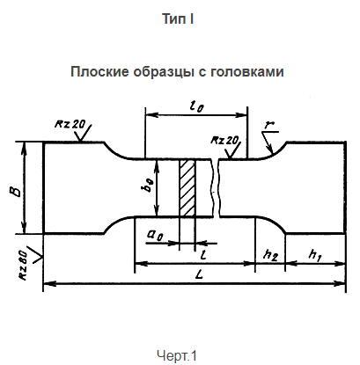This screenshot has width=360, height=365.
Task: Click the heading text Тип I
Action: [180, 18]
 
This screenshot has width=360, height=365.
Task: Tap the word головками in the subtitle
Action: [250, 72]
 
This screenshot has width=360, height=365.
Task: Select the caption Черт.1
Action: [180, 354]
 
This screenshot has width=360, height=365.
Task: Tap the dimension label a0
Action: [155, 236]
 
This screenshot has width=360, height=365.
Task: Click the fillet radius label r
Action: [266, 124]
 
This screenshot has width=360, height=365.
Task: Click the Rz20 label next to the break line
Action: [225, 141]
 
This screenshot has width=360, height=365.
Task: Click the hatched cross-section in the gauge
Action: [187, 187]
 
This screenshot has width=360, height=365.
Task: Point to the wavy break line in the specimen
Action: [217, 187]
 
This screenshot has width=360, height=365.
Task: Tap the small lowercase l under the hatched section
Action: [203, 253]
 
